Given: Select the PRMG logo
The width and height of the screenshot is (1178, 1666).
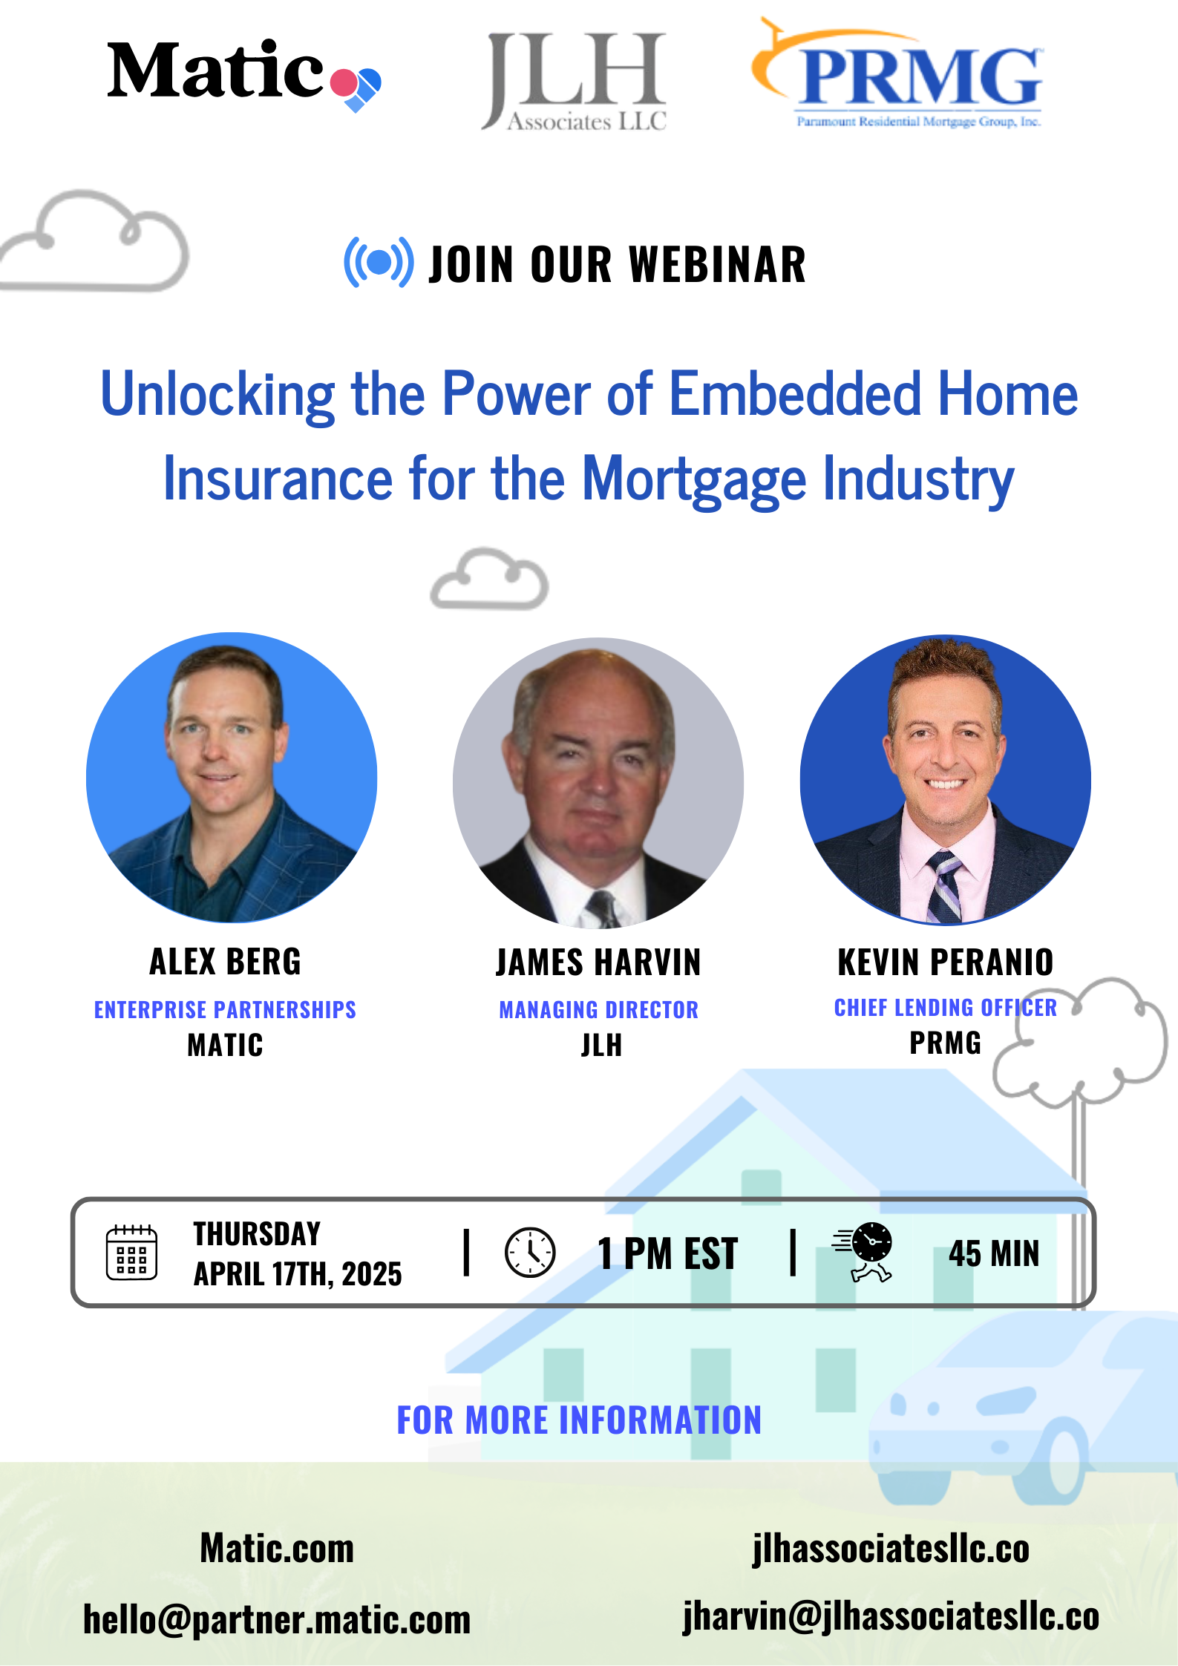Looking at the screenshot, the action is [x=897, y=74].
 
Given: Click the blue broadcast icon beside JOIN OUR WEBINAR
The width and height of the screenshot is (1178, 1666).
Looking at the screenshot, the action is [x=379, y=262].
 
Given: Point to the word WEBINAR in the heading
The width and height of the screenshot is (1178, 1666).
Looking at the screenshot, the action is [x=717, y=264].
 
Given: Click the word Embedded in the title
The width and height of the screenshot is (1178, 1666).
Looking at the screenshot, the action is [x=795, y=394].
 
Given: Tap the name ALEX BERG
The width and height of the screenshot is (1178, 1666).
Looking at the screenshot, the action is [x=225, y=962].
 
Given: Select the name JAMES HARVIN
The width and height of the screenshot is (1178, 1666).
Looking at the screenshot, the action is [x=598, y=962].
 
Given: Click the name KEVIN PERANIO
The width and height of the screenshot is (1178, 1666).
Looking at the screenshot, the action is [x=946, y=962].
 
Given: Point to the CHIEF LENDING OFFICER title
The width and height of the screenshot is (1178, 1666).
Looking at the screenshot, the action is [x=946, y=1008].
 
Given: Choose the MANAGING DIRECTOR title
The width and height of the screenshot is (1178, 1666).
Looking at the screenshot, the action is [x=598, y=1010].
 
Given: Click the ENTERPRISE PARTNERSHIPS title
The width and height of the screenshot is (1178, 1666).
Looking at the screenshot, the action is [x=225, y=1010].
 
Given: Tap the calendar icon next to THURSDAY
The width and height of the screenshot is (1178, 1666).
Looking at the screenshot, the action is [x=131, y=1253].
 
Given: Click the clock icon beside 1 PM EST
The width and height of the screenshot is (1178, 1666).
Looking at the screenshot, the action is [x=530, y=1253].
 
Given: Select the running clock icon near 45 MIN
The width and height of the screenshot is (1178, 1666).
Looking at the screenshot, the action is [x=863, y=1252].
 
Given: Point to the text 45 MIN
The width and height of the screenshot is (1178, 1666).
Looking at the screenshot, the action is [x=994, y=1253].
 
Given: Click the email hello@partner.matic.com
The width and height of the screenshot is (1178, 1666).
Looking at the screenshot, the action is [x=277, y=1620].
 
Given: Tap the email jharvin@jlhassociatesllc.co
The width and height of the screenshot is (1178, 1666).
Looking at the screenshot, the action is [x=891, y=1616].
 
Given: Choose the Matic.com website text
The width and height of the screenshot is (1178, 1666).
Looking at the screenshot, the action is [x=277, y=1549].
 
